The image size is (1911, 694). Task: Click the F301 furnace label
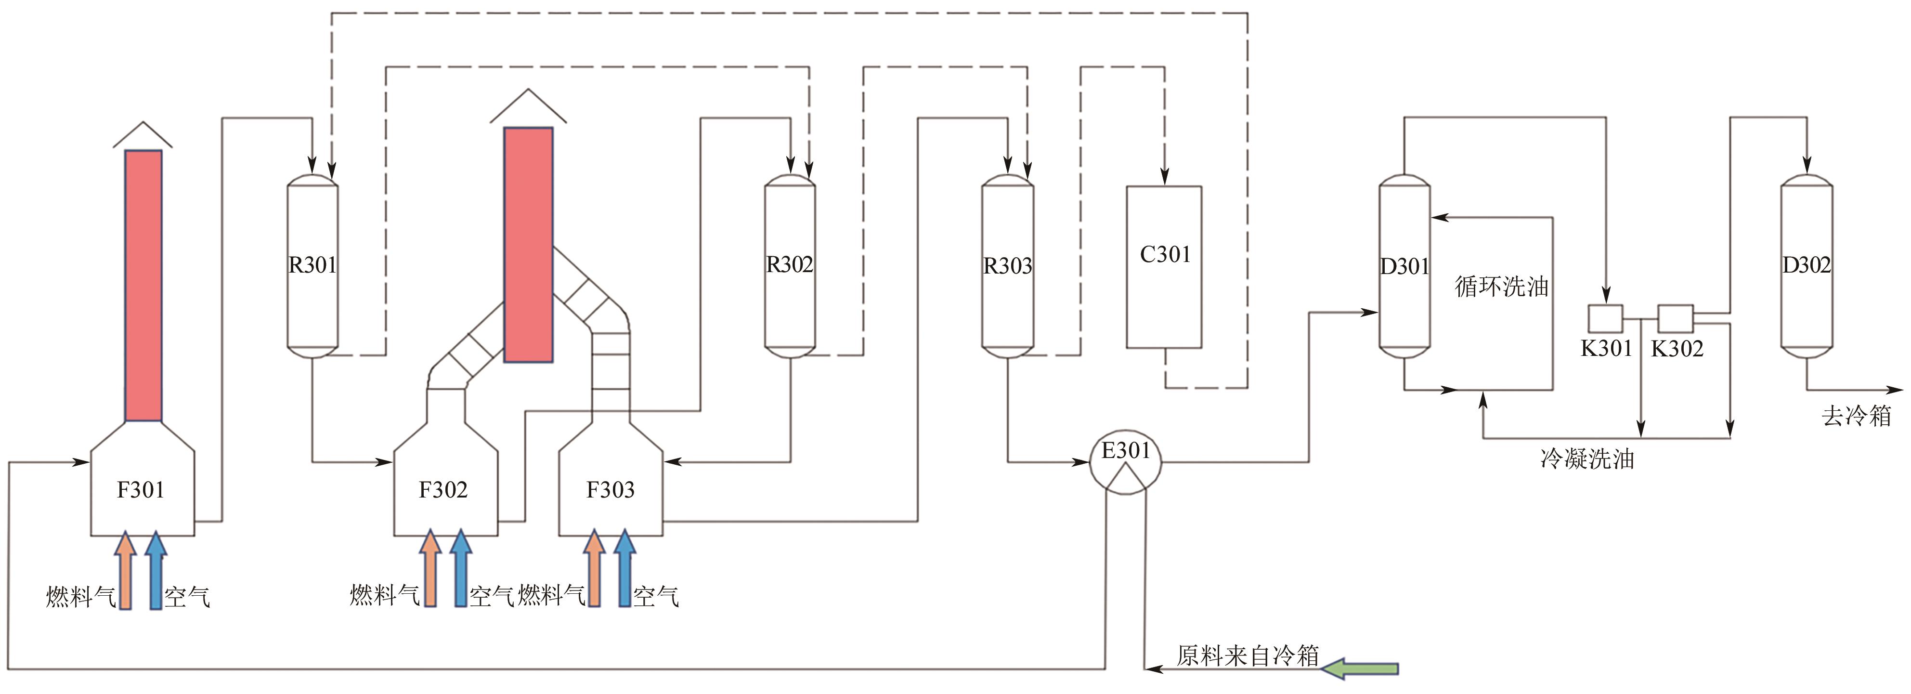tap(140, 490)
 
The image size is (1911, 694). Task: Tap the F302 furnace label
tap(443, 490)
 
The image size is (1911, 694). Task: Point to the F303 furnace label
tap(610, 490)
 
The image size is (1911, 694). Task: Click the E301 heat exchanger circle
tap(1125, 462)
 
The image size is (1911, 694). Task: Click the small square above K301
tap(1605, 318)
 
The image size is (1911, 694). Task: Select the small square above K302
tap(1675, 318)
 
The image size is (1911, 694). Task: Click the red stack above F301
tap(143, 286)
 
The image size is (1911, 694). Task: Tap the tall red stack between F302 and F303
tap(528, 245)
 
